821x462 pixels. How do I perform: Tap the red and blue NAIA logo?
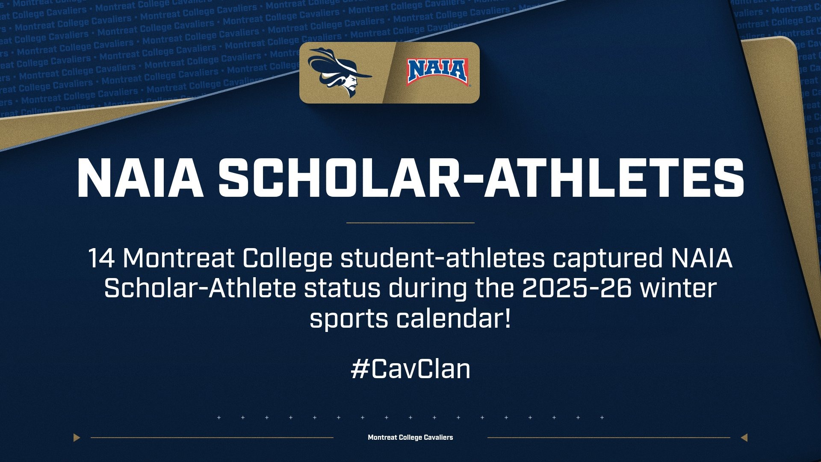437,72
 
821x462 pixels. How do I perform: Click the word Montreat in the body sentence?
178,258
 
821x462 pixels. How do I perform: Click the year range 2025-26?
576,288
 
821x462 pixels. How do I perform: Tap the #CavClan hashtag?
410,369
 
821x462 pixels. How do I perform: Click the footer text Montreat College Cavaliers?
410,437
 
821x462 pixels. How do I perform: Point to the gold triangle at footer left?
77,437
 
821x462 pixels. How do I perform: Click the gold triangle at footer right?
744,437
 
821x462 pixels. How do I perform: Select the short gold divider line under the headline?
410,222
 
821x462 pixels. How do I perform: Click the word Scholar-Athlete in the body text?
200,288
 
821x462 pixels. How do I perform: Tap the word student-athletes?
443,258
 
